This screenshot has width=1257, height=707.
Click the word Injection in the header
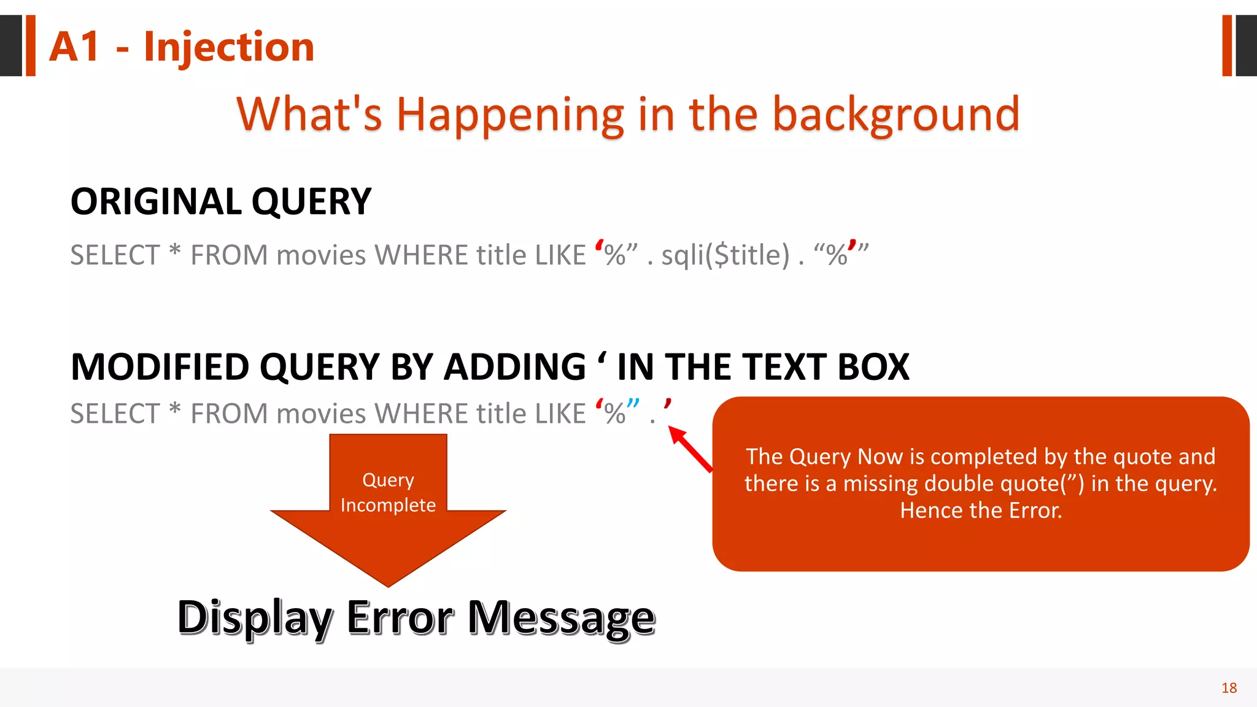click(x=228, y=47)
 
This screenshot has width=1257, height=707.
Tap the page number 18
click(x=1229, y=688)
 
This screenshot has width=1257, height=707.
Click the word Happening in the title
click(x=509, y=115)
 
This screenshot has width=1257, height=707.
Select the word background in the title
click(x=895, y=115)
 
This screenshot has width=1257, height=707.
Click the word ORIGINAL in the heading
click(x=156, y=202)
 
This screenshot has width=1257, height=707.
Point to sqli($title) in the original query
click(x=725, y=255)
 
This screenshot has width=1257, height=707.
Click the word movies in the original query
click(x=321, y=255)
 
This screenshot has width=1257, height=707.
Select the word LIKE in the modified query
click(x=560, y=414)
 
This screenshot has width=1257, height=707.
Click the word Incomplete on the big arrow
click(x=388, y=505)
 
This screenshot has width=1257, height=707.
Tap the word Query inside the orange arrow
click(x=388, y=479)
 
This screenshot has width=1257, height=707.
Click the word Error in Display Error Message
click(x=400, y=617)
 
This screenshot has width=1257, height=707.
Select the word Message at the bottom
click(x=561, y=617)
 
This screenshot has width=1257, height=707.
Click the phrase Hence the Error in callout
click(x=980, y=511)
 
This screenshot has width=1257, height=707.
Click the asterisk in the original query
click(x=175, y=251)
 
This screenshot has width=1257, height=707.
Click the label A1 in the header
click(x=74, y=47)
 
